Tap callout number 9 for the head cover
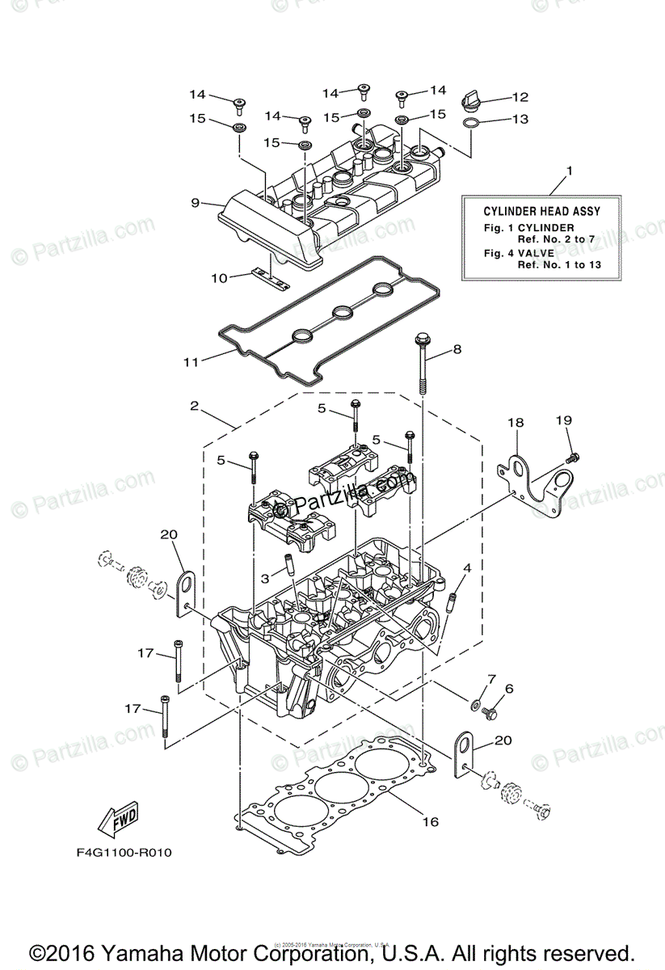coord(195,203)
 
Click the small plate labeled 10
coord(269,279)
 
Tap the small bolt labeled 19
coord(574,458)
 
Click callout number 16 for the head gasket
coord(431,821)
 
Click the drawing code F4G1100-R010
coord(125,852)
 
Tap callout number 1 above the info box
coord(569,171)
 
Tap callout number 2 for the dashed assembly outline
coord(195,406)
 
